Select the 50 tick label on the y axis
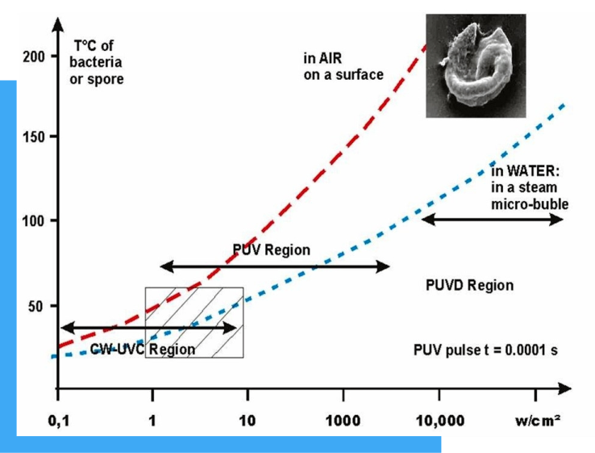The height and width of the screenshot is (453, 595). click(x=37, y=305)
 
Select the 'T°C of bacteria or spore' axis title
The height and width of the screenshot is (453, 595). click(x=97, y=62)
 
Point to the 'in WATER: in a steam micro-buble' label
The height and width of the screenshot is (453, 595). click(x=529, y=187)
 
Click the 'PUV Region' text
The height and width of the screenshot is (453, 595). click(x=271, y=250)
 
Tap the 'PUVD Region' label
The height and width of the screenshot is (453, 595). click(x=469, y=286)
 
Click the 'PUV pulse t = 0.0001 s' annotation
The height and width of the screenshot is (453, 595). click(x=484, y=351)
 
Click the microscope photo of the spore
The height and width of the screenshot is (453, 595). click(x=475, y=65)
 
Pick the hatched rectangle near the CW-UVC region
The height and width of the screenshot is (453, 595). click(x=194, y=321)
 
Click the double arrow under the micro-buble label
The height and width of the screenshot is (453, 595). click(x=493, y=219)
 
